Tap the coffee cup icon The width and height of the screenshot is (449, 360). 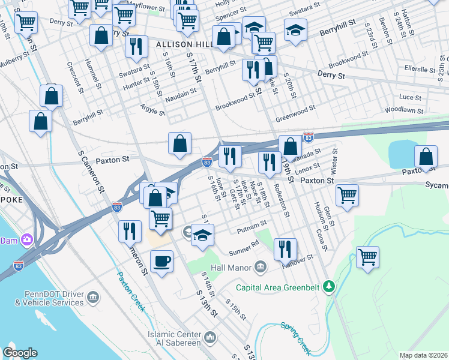(x=162, y=262)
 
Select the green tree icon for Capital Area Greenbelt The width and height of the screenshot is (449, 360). (x=328, y=287)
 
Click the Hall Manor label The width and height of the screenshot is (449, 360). (x=232, y=266)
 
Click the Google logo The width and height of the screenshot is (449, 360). (x=20, y=353)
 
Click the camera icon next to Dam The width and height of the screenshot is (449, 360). (x=27, y=240)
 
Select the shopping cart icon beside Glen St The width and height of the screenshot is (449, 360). (x=347, y=195)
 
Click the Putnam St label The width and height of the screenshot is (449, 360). (x=252, y=228)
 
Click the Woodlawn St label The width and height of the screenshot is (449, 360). (x=404, y=110)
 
